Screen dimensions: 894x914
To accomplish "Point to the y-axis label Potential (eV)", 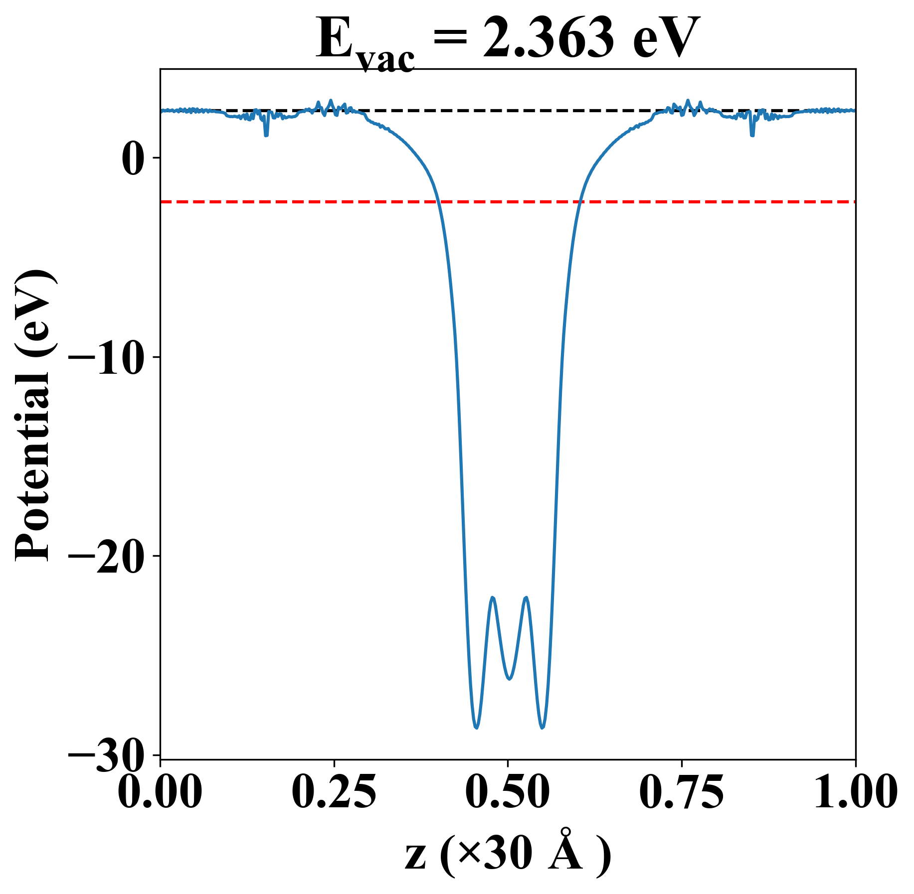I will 34,416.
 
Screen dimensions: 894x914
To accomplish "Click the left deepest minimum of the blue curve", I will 476,728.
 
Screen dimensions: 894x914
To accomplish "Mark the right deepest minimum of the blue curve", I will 543,728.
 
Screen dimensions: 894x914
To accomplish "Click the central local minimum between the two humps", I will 509,679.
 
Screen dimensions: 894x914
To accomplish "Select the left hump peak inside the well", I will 493,597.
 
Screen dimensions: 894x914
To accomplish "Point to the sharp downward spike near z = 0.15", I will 266,135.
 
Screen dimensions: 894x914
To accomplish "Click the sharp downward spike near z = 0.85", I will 752,135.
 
